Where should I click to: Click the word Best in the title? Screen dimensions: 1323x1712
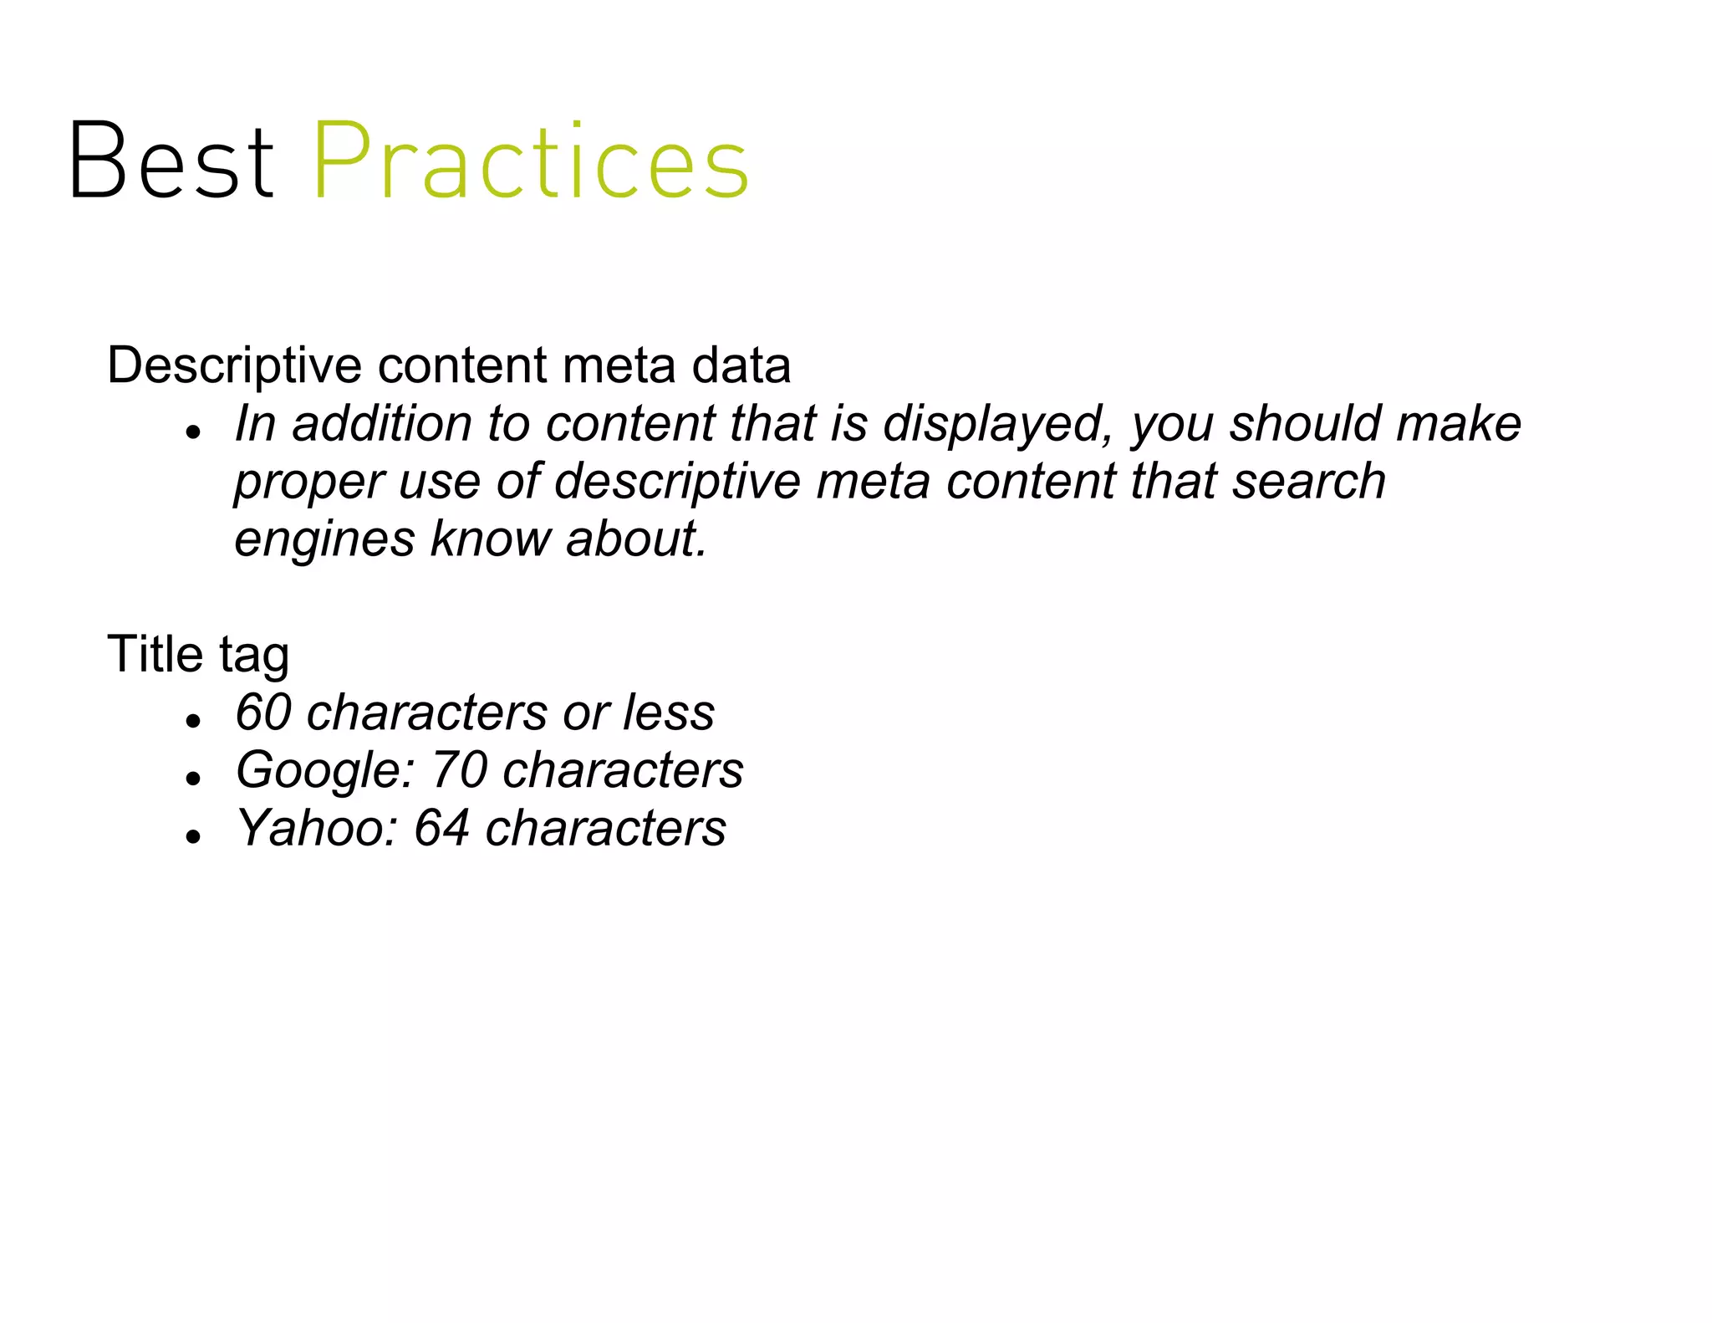pyautogui.click(x=171, y=161)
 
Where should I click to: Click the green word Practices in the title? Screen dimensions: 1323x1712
pyautogui.click(x=530, y=161)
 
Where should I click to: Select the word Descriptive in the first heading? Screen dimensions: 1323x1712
pyautogui.click(x=234, y=366)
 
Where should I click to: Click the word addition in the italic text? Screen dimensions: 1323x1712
pyautogui.click(x=381, y=424)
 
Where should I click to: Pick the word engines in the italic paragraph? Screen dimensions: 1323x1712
pyautogui.click(x=324, y=539)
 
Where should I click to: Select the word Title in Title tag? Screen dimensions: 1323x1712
pyautogui.click(x=155, y=654)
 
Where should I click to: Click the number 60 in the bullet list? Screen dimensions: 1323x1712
pyautogui.click(x=262, y=713)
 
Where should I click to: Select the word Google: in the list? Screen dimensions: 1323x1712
pyautogui.click(x=325, y=770)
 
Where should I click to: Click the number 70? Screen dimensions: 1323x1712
pyautogui.click(x=459, y=770)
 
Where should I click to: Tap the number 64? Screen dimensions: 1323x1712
pyautogui.click(x=441, y=828)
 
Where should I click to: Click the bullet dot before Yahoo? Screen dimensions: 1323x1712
pyautogui.click(x=194, y=835)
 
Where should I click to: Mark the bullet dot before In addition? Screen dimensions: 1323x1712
pyautogui.click(x=194, y=432)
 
